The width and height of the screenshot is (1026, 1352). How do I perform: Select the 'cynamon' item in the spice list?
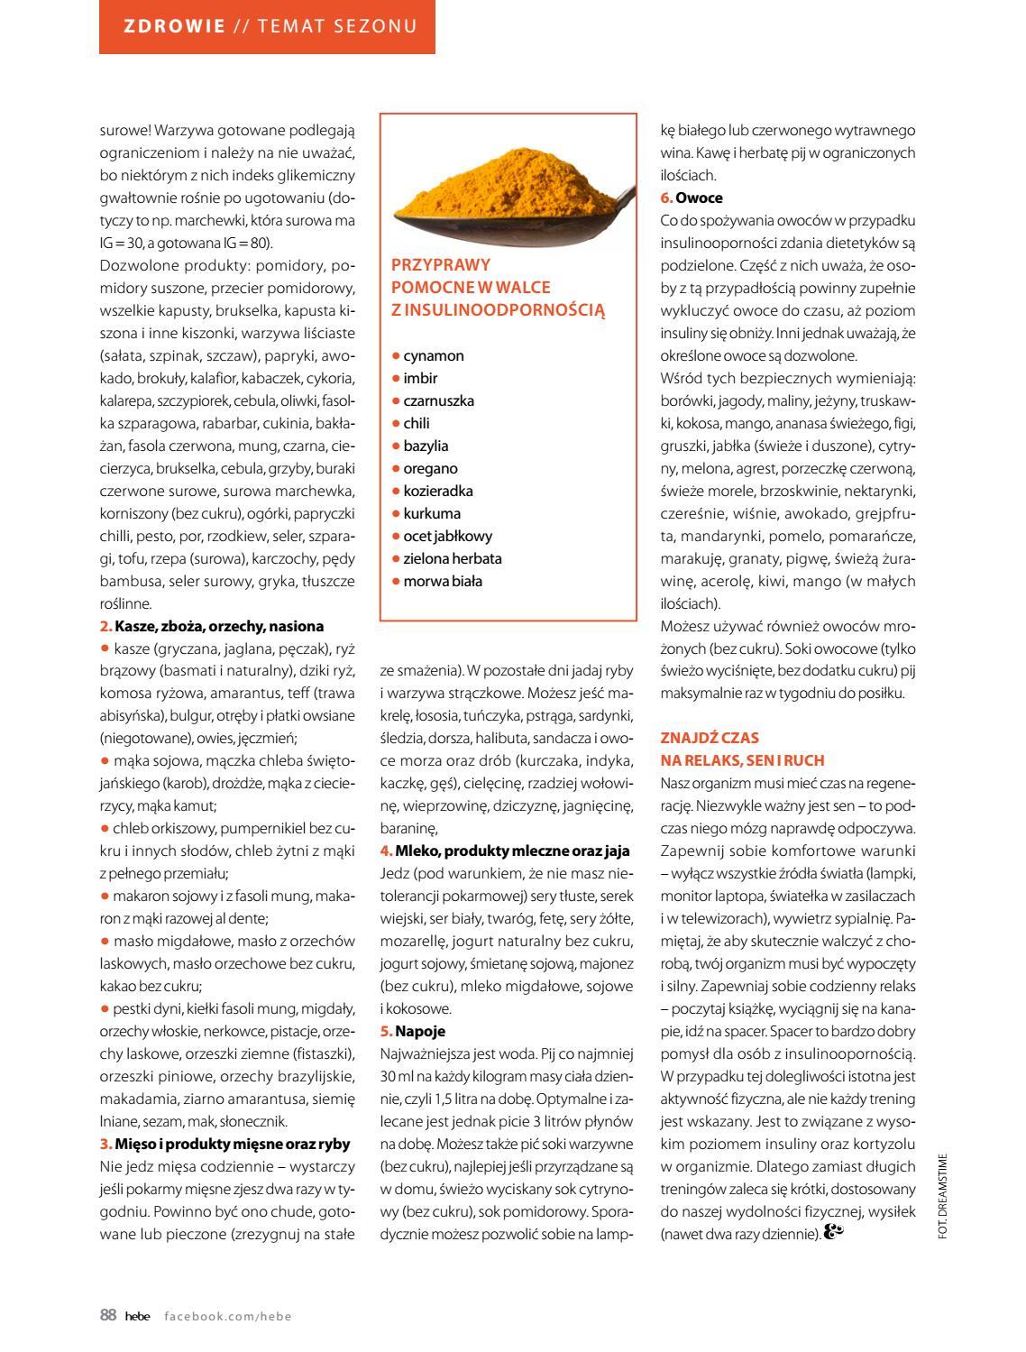coord(434,355)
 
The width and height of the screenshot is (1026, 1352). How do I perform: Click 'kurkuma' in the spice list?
coord(432,513)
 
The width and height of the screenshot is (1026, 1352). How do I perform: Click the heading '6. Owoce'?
coord(692,198)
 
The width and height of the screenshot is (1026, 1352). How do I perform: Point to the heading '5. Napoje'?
coord(413,1031)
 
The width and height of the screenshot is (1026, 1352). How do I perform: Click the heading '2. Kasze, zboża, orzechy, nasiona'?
coord(211,626)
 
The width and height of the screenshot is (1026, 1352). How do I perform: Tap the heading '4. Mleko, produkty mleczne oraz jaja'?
coord(505,851)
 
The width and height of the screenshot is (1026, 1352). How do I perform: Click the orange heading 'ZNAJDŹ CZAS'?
coord(710,738)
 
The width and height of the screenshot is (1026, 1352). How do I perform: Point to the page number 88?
coord(108,1315)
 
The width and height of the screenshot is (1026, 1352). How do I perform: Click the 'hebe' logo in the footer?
coord(137,1316)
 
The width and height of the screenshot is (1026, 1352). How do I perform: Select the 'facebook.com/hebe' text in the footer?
coord(228,1316)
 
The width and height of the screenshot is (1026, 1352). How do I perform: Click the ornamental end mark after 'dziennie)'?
coord(833,1231)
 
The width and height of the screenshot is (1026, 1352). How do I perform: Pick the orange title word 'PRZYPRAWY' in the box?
coord(441,265)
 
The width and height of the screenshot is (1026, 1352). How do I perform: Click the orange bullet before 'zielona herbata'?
coord(396,558)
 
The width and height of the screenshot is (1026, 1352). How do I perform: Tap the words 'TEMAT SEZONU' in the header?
coord(338,26)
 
